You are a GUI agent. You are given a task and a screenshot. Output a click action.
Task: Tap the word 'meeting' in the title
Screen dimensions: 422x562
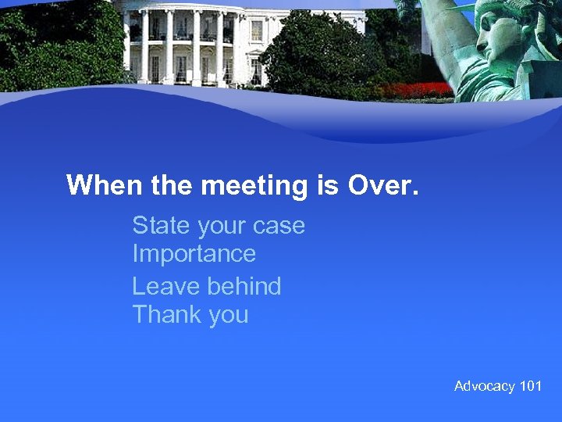[244, 186]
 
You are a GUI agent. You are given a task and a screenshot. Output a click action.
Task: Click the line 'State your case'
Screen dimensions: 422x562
[219, 226]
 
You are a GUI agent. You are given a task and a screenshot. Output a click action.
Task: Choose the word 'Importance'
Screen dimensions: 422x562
[194, 254]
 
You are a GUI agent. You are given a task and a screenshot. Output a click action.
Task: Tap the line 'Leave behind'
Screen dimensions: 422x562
[207, 287]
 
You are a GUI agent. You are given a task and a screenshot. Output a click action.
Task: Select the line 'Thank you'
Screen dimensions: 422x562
[190, 315]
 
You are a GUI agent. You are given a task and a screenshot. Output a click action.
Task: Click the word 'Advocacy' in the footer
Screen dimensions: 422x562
[485, 386]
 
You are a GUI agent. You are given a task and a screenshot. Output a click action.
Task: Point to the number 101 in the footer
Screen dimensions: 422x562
[531, 386]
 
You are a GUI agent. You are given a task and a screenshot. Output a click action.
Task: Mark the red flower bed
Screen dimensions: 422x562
[421, 91]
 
